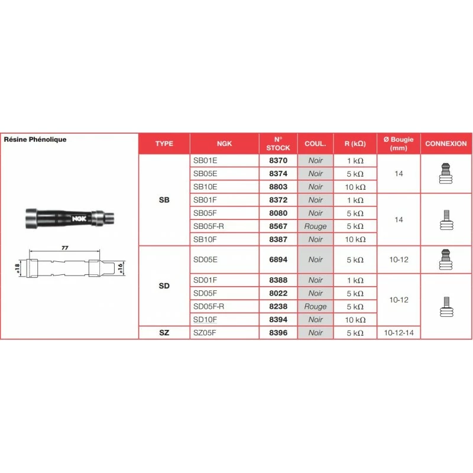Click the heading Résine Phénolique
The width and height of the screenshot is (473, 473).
(x=35, y=140)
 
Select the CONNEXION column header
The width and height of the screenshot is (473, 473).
(x=446, y=144)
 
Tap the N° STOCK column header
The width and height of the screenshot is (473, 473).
(x=278, y=144)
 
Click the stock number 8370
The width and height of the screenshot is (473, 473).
(x=278, y=161)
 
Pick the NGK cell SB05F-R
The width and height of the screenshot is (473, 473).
(x=210, y=226)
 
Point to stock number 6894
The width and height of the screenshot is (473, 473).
(x=278, y=260)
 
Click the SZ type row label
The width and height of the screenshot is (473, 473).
(x=164, y=333)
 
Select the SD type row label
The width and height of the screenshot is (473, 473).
(x=164, y=286)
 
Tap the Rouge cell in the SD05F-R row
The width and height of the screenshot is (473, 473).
(x=316, y=306)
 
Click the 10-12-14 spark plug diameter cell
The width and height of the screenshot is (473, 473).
(x=399, y=333)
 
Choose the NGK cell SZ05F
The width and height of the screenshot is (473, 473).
(x=205, y=333)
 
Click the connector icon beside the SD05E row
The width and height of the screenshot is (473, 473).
(x=446, y=260)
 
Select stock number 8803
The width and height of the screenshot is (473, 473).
(x=278, y=187)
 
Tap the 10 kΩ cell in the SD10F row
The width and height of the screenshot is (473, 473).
(x=355, y=320)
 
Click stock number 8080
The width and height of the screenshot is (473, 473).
(x=278, y=213)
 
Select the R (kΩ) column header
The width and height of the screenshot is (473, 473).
(x=355, y=144)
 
